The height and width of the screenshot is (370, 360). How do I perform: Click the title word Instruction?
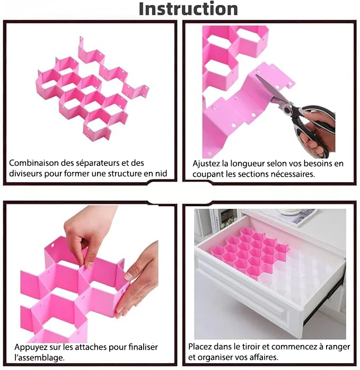click(x=188, y=9)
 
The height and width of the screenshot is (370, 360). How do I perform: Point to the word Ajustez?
click(x=205, y=164)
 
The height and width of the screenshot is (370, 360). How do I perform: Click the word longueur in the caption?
click(x=249, y=164)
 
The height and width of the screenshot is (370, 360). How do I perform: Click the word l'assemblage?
click(x=39, y=358)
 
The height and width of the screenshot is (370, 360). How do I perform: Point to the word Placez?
click(x=201, y=347)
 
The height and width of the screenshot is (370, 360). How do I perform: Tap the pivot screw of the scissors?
click(x=288, y=110)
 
